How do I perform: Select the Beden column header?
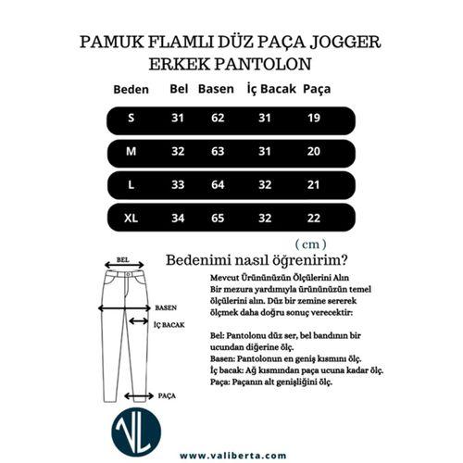[131, 91]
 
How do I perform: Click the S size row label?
[131, 119]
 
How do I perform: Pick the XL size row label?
[131, 218]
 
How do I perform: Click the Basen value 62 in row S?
[218, 119]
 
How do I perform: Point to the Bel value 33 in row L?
[178, 184]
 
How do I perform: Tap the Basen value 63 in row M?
[218, 151]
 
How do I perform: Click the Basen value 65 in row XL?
[218, 218]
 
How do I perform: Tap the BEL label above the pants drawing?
[123, 261]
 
